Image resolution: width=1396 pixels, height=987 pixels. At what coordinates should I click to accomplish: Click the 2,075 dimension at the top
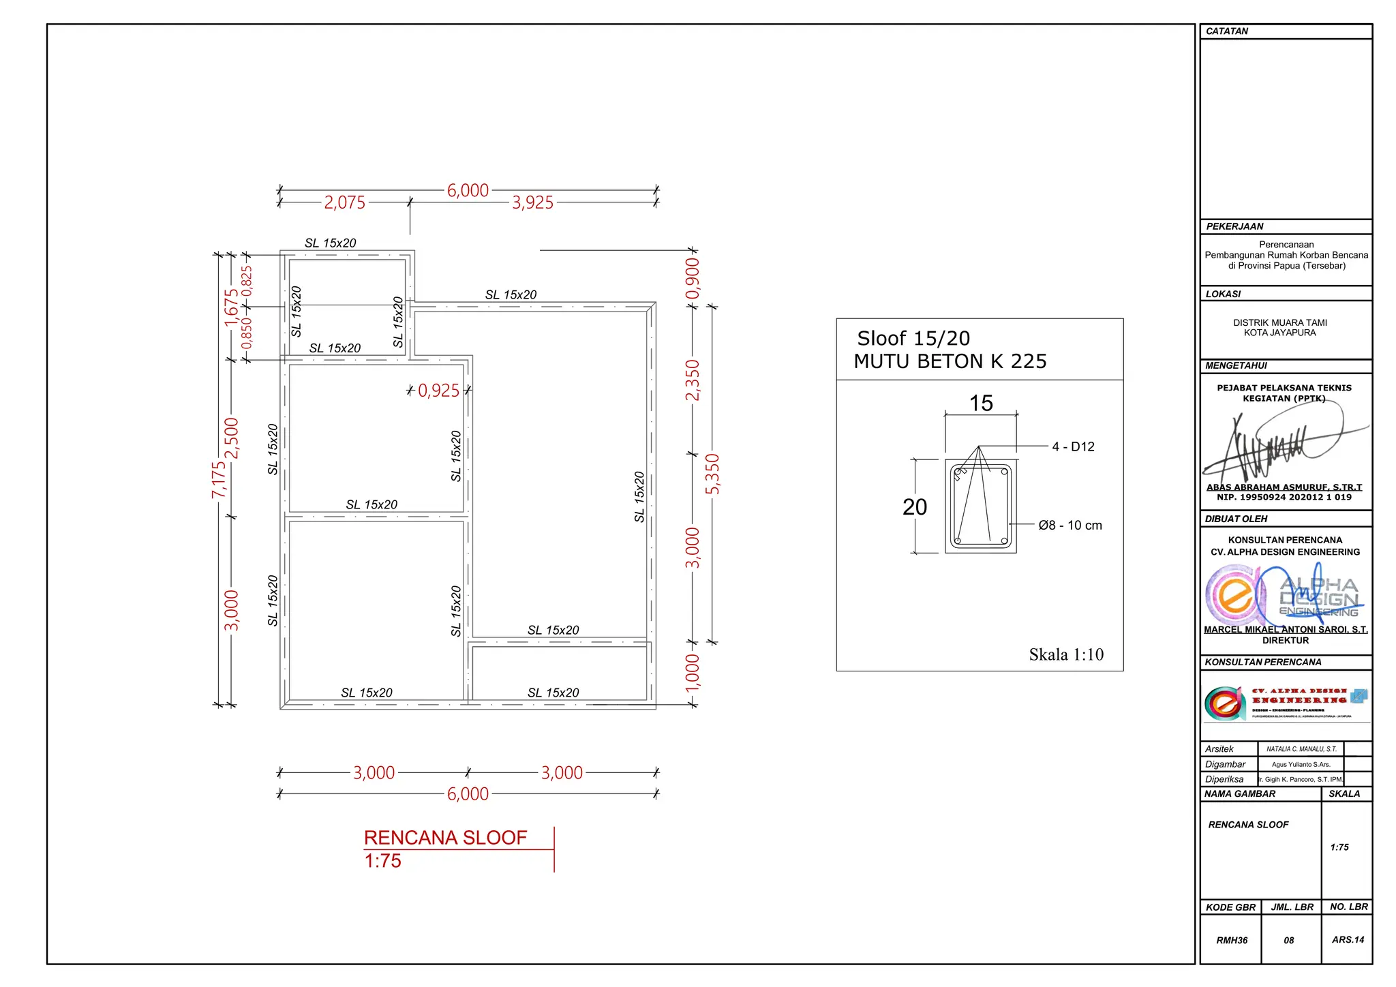[344, 202]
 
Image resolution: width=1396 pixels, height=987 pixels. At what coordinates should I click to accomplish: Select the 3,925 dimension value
[532, 202]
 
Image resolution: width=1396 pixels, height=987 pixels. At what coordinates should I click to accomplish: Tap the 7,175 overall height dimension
[218, 479]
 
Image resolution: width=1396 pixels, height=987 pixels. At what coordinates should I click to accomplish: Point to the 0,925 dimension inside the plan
[438, 391]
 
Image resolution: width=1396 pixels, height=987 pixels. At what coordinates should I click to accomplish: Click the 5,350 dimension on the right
[712, 474]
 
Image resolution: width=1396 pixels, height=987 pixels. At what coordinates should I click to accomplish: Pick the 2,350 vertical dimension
[693, 380]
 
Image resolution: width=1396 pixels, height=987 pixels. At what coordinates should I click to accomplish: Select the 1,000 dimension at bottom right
[693, 673]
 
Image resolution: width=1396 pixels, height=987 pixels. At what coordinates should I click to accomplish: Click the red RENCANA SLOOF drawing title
[445, 838]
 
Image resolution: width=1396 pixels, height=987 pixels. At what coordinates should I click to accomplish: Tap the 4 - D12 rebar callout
[1073, 446]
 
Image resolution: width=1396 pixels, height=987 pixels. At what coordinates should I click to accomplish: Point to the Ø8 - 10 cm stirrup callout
[1069, 525]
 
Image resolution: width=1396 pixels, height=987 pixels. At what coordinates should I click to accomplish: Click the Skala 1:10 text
[1065, 654]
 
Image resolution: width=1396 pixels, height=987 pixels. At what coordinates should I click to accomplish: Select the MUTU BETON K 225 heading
[950, 361]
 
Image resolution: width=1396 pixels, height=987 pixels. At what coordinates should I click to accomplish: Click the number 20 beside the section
[915, 507]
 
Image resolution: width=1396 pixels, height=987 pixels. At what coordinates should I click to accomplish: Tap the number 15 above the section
[981, 403]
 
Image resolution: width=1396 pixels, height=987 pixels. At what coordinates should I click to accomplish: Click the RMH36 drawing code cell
[1232, 940]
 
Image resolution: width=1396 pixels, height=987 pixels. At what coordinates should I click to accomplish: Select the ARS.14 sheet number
[1348, 939]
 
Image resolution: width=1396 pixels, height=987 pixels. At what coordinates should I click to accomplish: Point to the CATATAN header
[1227, 31]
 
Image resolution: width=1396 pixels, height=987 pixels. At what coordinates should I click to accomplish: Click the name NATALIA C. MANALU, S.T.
[1301, 748]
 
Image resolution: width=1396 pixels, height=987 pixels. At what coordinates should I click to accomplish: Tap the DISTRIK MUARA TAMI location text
[1279, 322]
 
